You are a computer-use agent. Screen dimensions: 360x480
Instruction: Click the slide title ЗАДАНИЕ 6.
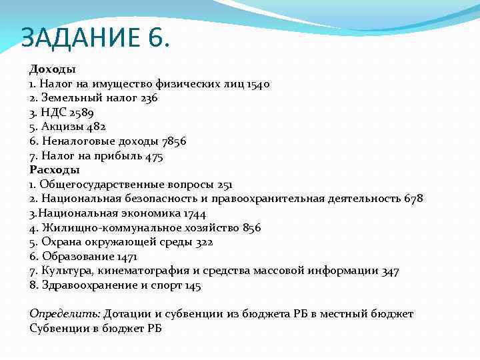(x=95, y=38)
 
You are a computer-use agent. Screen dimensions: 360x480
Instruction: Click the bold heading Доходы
(x=53, y=69)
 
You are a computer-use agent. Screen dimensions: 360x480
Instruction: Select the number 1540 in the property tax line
(x=258, y=84)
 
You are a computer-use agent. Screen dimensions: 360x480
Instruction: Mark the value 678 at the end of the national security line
(x=413, y=199)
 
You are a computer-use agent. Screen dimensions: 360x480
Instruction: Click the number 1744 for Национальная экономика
(x=193, y=213)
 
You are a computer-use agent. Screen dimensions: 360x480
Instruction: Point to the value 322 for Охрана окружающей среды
(x=203, y=242)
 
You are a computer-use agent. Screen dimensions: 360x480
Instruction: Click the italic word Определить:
(x=65, y=314)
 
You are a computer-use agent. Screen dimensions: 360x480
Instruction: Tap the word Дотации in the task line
(x=125, y=314)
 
